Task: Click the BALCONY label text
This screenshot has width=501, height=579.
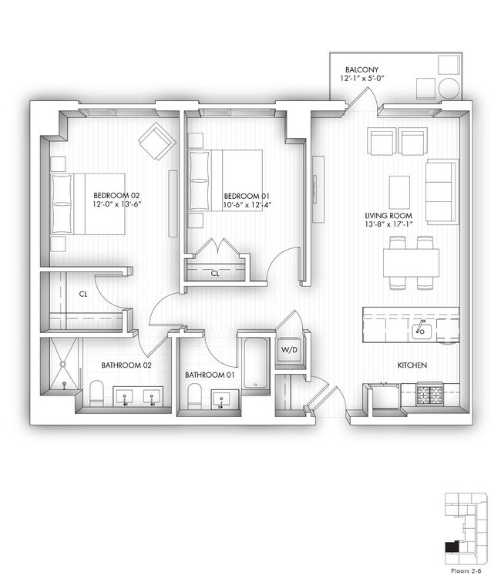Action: click(361, 69)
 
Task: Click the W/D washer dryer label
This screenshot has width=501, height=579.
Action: click(287, 349)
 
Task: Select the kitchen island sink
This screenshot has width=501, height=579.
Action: click(421, 332)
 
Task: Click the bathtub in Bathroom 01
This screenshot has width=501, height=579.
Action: click(253, 359)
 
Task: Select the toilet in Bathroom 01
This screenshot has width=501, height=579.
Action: click(196, 397)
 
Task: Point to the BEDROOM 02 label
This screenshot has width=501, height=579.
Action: click(116, 196)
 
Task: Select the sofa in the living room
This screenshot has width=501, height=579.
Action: click(442, 191)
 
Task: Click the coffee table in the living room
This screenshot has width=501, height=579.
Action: click(398, 191)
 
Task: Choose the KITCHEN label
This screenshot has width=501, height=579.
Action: click(412, 365)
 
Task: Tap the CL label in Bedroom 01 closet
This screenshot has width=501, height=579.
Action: click(215, 273)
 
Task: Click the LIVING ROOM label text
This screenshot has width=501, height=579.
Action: click(388, 216)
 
